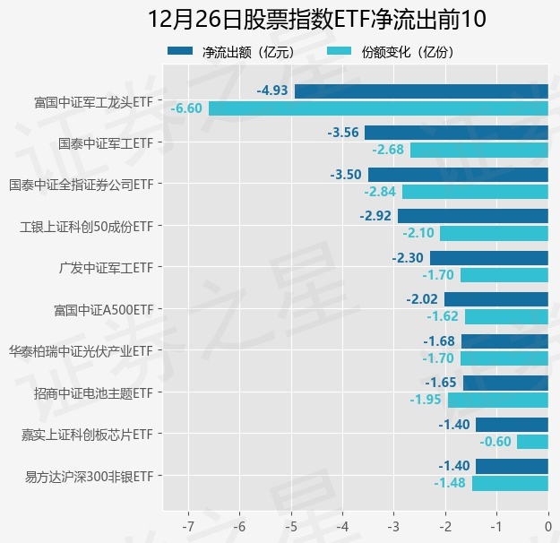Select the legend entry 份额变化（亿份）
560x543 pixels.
[x=392, y=53]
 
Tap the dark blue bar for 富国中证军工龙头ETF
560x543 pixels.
[x=421, y=90]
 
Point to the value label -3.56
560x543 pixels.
[x=344, y=133]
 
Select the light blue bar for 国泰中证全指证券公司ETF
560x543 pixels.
[x=475, y=192]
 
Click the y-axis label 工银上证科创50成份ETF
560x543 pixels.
[x=87, y=226]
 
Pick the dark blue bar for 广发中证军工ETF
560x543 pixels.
[x=489, y=257]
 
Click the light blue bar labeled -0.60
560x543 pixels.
[x=532, y=441]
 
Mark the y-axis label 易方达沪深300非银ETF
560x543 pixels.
[x=90, y=476]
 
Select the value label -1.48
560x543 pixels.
[x=450, y=483]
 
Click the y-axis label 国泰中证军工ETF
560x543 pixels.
[x=105, y=142]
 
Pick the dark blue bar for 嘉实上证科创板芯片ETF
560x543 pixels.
[x=512, y=424]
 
